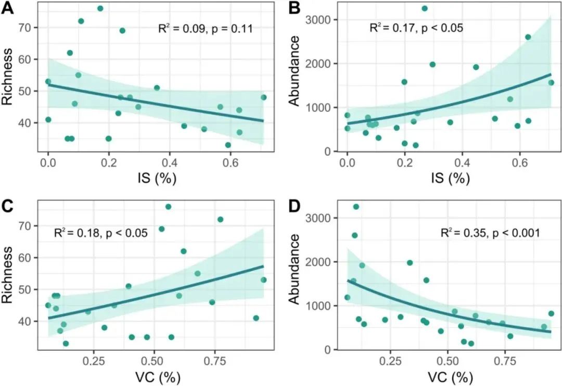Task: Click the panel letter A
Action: tap(8, 9)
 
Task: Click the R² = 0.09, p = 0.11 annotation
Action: tap(206, 29)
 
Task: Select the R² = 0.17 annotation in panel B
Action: tap(416, 28)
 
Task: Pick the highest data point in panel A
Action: tap(100, 8)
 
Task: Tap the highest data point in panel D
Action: tap(356, 207)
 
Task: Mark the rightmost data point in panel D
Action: tap(551, 313)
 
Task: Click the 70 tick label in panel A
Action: tap(25, 28)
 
